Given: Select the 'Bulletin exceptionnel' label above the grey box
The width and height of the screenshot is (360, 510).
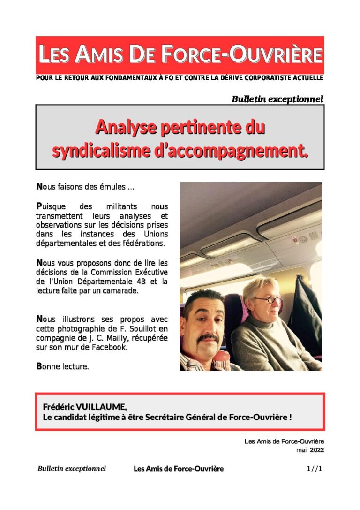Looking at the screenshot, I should pos(277,99).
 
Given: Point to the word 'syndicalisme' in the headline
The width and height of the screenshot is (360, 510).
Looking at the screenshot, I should pos(96,151).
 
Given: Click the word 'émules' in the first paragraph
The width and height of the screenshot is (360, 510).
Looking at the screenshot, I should pos(112,187).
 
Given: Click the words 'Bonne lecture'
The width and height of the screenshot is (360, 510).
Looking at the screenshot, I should pos(63,366).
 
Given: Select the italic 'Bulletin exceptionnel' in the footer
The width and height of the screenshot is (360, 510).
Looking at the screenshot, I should pos(72,469).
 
